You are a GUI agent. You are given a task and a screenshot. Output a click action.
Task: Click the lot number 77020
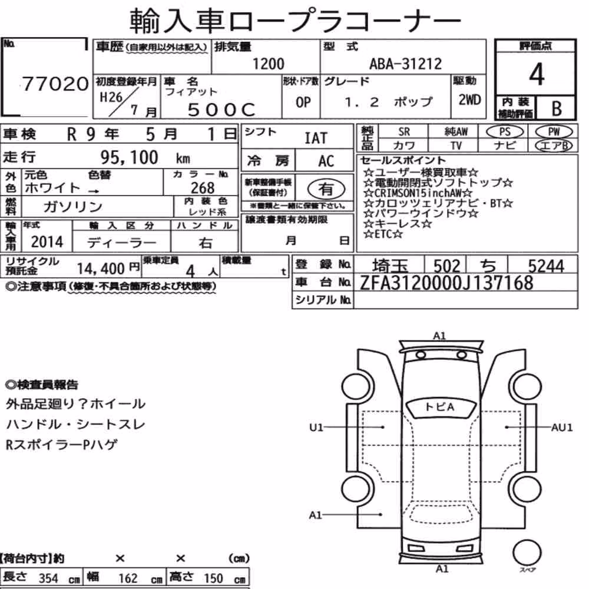pyautogui.click(x=55, y=84)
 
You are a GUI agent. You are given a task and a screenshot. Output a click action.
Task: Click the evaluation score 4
pyautogui.click(x=537, y=74)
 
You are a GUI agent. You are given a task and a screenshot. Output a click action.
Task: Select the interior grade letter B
pyautogui.click(x=557, y=109)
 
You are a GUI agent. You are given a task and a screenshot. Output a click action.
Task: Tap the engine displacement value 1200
pyautogui.click(x=268, y=64)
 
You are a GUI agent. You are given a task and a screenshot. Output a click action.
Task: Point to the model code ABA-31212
pyautogui.click(x=405, y=64)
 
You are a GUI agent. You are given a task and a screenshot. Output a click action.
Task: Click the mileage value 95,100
pyautogui.click(x=129, y=157)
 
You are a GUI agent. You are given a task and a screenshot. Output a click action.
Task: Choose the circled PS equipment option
pyautogui.click(x=505, y=132)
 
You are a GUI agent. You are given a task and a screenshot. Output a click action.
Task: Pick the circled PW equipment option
pyautogui.click(x=554, y=132)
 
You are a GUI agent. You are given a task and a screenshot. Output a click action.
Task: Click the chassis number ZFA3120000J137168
pyautogui.click(x=446, y=283)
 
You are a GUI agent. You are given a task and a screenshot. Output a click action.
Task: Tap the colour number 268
pyautogui.click(x=203, y=188)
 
